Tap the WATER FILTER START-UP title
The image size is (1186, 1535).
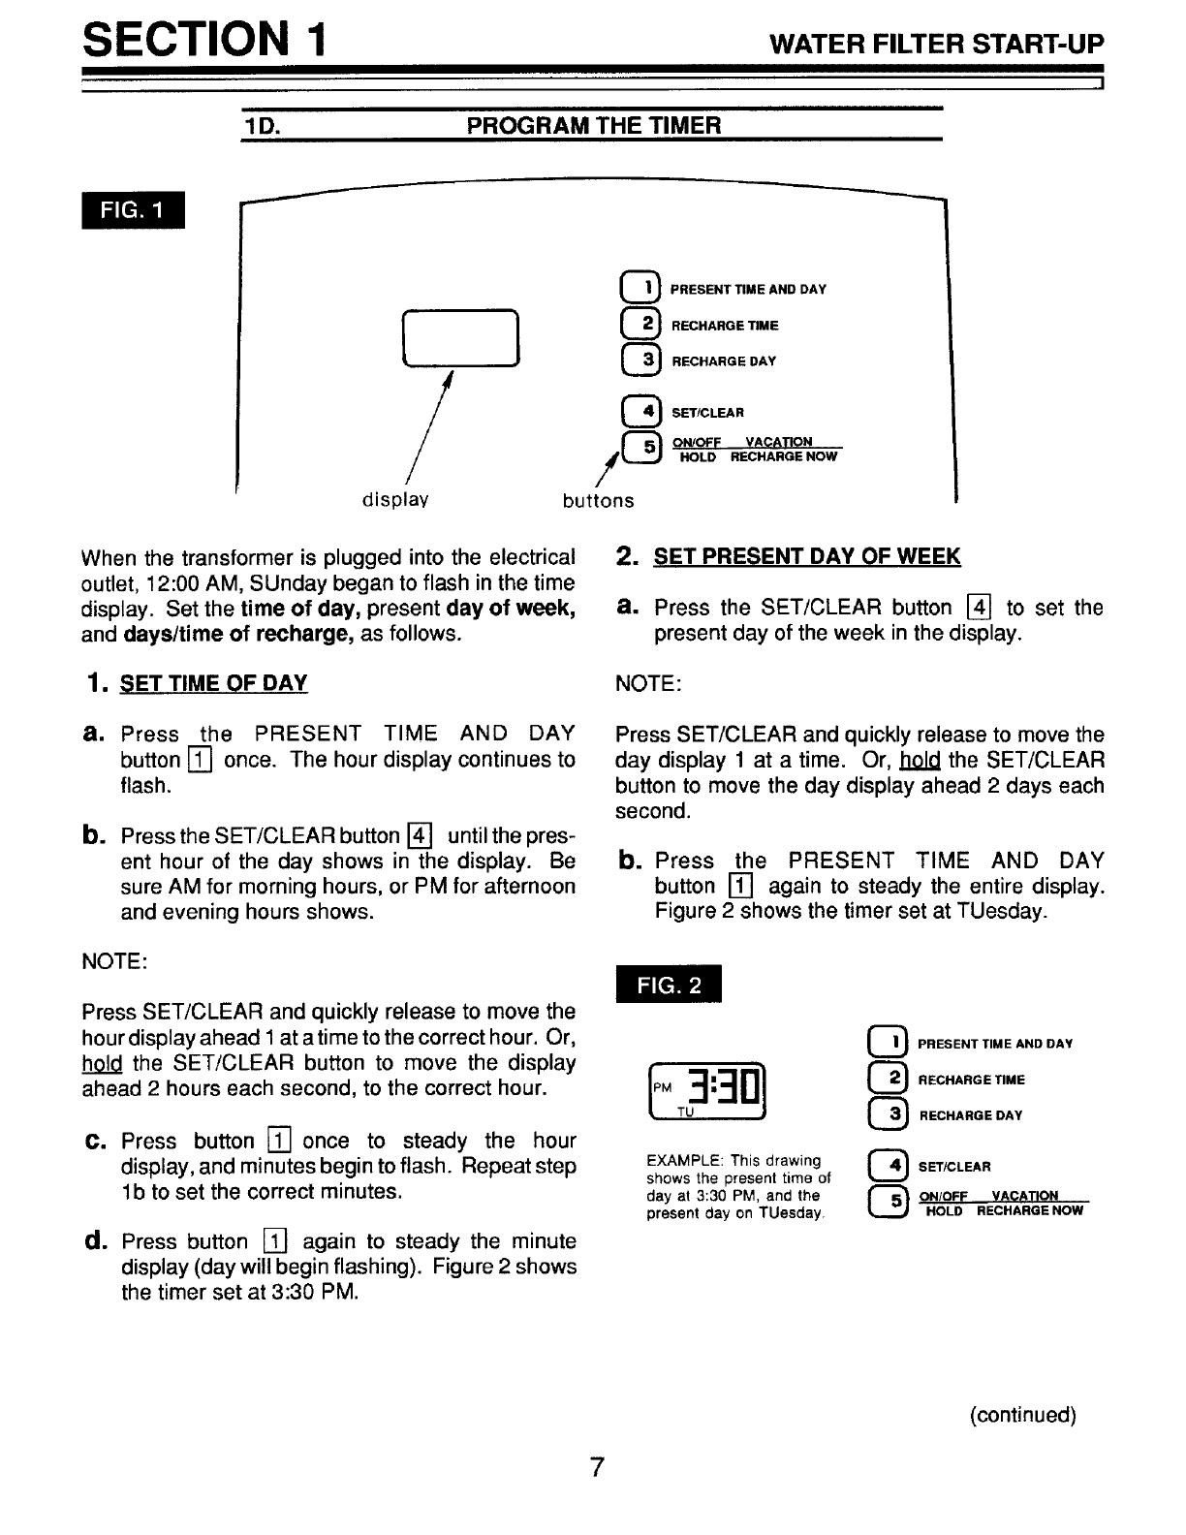(x=936, y=45)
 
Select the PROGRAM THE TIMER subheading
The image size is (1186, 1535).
(x=593, y=126)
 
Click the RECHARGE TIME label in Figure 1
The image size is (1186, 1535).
(x=725, y=326)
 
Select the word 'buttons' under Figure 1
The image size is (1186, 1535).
(x=599, y=501)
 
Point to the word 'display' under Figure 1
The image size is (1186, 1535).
(x=395, y=500)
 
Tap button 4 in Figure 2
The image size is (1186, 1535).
(x=888, y=1166)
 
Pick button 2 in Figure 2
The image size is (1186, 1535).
(x=888, y=1079)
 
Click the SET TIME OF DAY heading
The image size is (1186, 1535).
(x=213, y=683)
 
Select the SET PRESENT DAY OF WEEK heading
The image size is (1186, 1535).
(x=806, y=556)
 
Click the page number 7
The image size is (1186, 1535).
(x=597, y=1467)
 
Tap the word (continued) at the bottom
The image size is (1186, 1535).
(x=1022, y=1415)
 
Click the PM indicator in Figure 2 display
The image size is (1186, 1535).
(x=663, y=1086)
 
